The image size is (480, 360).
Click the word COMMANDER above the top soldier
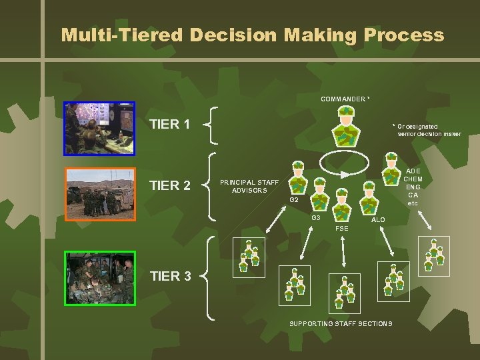pyautogui.click(x=343, y=99)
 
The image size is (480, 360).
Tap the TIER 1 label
pyautogui.click(x=170, y=124)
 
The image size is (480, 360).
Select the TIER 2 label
pyautogui.click(x=170, y=185)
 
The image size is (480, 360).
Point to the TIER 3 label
pyautogui.click(x=170, y=276)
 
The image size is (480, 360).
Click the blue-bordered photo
pyautogui.click(x=99, y=128)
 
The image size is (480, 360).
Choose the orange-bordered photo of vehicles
pyautogui.click(x=100, y=194)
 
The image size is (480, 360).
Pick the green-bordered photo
pyautogui.click(x=100, y=278)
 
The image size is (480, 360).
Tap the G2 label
pyautogui.click(x=294, y=200)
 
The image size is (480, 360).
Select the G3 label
pyautogui.click(x=317, y=218)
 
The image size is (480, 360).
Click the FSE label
pyautogui.click(x=342, y=228)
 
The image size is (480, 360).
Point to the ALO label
pyautogui.click(x=378, y=219)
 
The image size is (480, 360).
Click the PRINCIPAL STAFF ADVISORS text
pyautogui.click(x=249, y=186)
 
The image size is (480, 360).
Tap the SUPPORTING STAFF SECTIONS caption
pyautogui.click(x=341, y=324)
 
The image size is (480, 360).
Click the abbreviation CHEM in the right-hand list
pyautogui.click(x=413, y=179)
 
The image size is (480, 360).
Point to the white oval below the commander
pyautogui.click(x=346, y=163)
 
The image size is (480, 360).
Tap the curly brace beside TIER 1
pyautogui.click(x=209, y=124)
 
